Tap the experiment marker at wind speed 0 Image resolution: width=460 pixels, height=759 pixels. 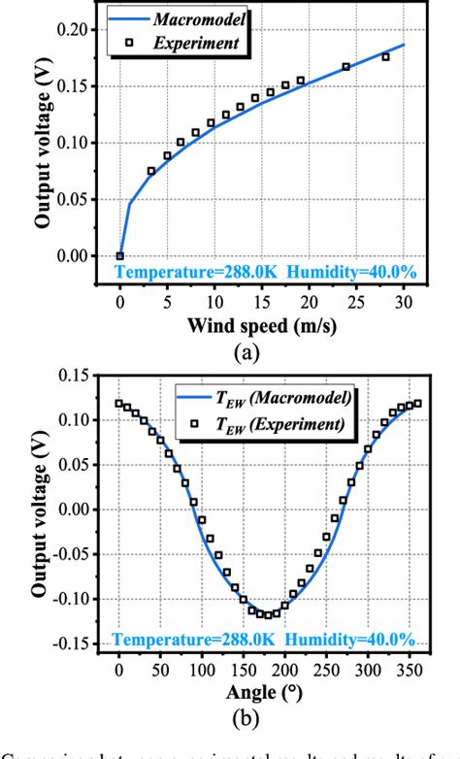119,256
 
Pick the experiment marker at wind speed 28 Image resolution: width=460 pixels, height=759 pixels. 385,56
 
